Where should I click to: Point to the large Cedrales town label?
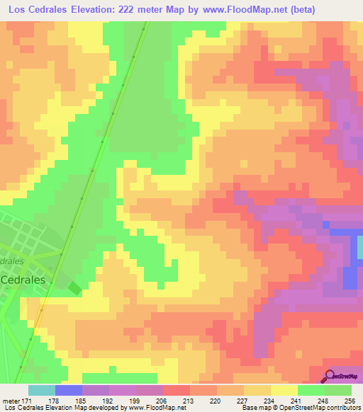coord(24,280)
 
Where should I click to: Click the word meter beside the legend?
coord(10,401)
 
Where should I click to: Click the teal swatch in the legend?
coord(42,390)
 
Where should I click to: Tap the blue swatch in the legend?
coord(69,390)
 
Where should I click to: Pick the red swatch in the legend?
coord(177,390)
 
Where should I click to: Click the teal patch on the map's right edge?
coord(359,247)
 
